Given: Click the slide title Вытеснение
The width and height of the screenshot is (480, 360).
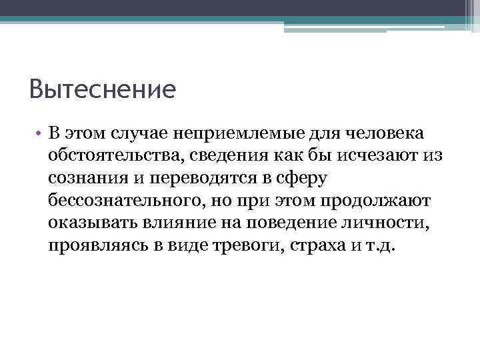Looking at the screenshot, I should click(x=103, y=89).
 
